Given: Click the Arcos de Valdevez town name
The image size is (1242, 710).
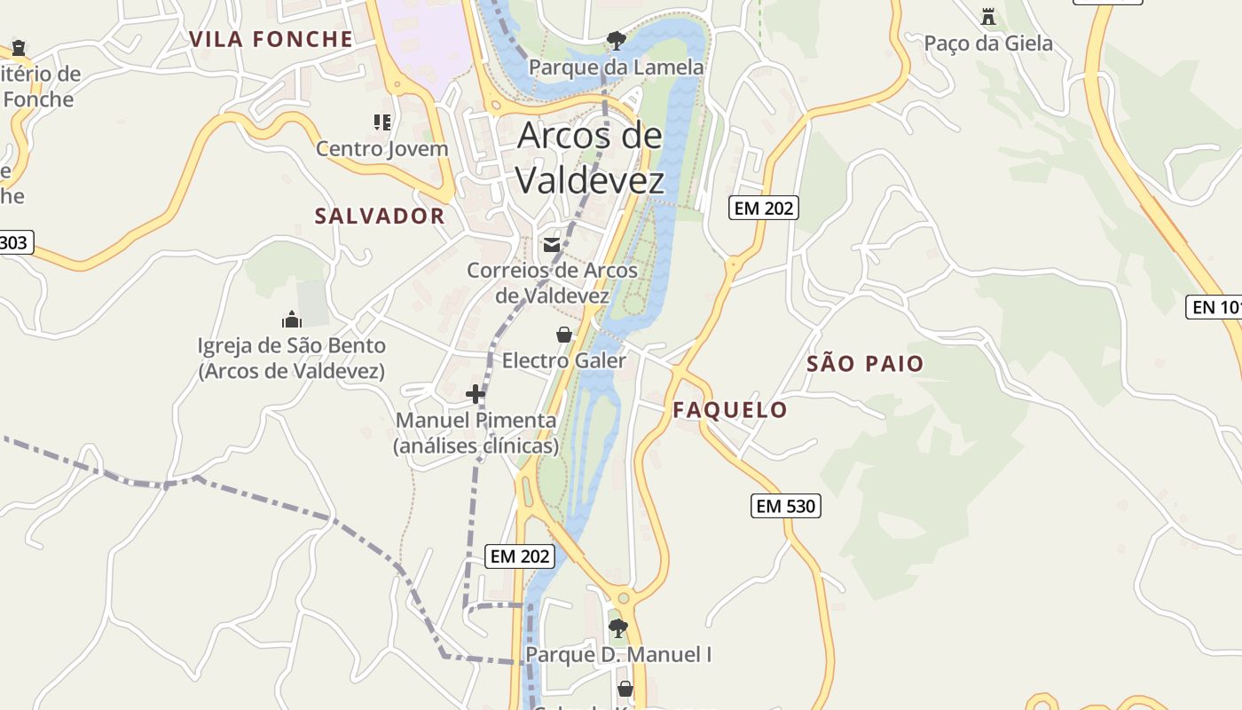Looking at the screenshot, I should coord(589,158).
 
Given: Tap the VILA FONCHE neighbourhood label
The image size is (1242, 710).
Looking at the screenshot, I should coord(271,39).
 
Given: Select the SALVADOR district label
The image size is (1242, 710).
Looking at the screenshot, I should coord(380,216).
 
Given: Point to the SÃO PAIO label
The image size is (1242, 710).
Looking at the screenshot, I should coord(865,363).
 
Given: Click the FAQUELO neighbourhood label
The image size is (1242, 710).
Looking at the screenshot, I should coord(729,409).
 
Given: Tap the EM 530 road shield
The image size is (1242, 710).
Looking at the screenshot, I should coord(786,506).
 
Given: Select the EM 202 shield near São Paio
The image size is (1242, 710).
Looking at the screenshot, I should coord(764,208).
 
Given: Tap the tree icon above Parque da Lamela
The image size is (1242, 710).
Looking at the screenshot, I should coord(616,40).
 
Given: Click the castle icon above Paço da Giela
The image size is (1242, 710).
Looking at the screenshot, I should coord(988,17).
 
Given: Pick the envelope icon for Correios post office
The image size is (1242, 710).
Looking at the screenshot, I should coord(552,245).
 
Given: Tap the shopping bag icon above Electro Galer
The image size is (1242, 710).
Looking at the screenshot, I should coord(563,335).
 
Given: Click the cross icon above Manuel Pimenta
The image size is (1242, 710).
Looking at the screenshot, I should coord(476,393).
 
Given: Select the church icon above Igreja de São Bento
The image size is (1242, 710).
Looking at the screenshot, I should coord(291,319).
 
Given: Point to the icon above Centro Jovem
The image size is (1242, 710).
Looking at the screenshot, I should coord(382,122).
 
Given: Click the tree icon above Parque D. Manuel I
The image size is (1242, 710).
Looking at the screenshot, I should coord(618,628).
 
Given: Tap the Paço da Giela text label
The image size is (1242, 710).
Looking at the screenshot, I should coord(988,43).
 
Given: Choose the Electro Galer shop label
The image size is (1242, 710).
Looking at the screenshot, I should coord(564,360).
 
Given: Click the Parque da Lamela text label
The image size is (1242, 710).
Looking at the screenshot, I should coord(617,67).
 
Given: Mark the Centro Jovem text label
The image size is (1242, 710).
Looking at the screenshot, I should coord(382,148).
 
